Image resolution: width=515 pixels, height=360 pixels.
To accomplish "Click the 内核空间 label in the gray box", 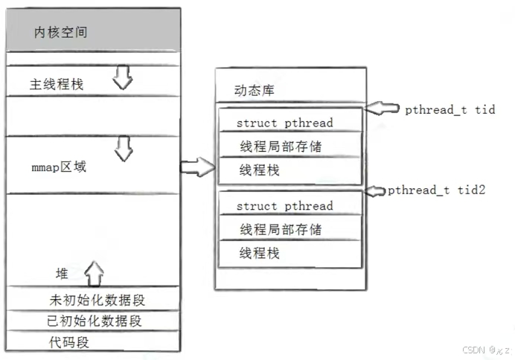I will pos(63,33).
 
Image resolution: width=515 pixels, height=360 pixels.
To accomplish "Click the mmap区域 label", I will pos(58,167).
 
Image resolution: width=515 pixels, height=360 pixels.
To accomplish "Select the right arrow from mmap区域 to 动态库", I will pos(196,167).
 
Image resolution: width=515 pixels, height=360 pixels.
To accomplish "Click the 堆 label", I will pos(62,273).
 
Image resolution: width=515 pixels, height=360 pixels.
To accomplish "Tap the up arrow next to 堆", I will pos(93,272).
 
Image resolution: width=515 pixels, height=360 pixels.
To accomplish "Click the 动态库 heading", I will pos(255,91).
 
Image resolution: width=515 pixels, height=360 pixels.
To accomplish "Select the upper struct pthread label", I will pos(284,123).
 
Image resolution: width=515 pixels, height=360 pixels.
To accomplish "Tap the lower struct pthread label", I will pos(284,206).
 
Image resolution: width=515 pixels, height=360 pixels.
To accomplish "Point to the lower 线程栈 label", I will pos(259,254).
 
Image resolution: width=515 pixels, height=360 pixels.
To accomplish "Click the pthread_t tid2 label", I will pos(436,190).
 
